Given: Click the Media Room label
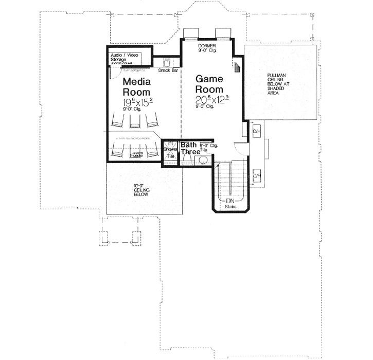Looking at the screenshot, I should click(x=136, y=86).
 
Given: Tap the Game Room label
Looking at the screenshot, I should click(x=209, y=84).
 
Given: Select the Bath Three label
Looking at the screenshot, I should click(x=190, y=149).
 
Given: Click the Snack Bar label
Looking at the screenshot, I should click(x=168, y=70).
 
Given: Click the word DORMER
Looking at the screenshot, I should click(x=207, y=46).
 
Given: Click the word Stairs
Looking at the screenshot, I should click(x=230, y=207).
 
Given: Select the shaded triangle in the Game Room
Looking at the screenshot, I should click(x=238, y=66).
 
